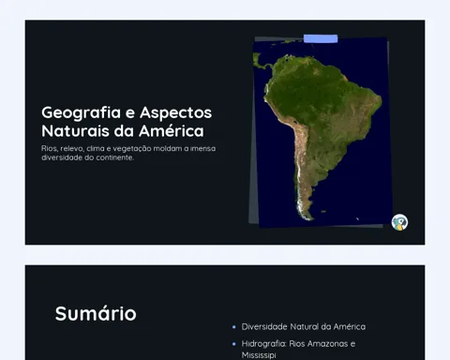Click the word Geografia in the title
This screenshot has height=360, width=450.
tap(81, 112)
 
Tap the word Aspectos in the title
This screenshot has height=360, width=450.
tap(176, 112)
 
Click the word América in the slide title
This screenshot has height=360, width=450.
tap(172, 130)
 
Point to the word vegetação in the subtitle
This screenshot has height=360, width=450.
tap(132, 149)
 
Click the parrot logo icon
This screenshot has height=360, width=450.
tap(399, 222)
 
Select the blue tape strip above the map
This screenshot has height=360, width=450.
tap(321, 38)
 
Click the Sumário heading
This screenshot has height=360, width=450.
tap(96, 313)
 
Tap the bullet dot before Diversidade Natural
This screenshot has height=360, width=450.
tap(234, 327)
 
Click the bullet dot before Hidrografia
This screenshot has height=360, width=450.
tap(234, 344)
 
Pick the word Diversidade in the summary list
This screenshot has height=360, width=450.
tap(264, 327)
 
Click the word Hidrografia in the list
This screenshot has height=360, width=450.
tap(264, 344)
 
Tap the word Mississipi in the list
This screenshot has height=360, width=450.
tap(259, 355)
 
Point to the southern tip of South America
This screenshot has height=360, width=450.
tap(310, 218)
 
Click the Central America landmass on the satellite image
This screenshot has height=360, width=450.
tap(262, 62)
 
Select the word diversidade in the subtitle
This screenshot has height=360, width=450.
tap(62, 157)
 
